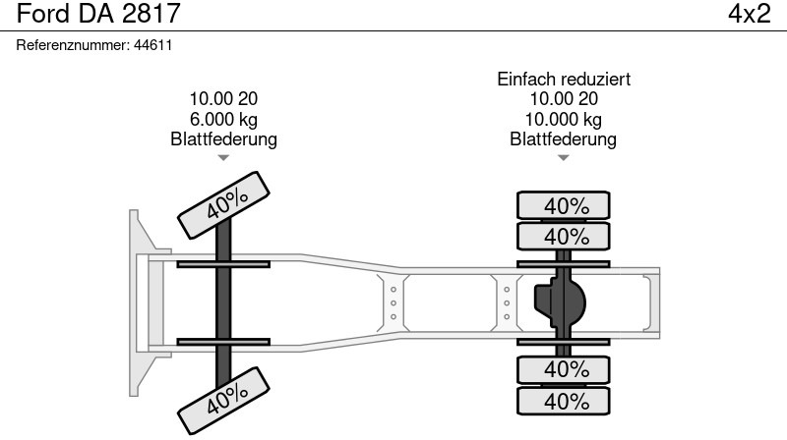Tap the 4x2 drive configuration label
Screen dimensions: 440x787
748,14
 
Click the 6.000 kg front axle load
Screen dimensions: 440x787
223,119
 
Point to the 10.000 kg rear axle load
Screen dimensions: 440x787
563,119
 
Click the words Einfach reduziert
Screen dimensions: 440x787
563,79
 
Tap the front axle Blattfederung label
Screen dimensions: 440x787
223,138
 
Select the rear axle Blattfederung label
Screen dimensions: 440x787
563,138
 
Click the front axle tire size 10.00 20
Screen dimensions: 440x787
223,99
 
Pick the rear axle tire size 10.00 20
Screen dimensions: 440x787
563,99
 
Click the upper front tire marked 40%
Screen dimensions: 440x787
224,203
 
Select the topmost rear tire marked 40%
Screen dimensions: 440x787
565,206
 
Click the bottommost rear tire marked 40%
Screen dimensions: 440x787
565,402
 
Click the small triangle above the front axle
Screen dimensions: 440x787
223,157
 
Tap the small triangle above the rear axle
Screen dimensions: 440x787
563,157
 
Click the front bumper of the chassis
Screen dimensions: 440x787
137,302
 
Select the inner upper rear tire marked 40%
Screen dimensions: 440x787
565,237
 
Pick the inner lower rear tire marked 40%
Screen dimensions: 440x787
565,370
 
